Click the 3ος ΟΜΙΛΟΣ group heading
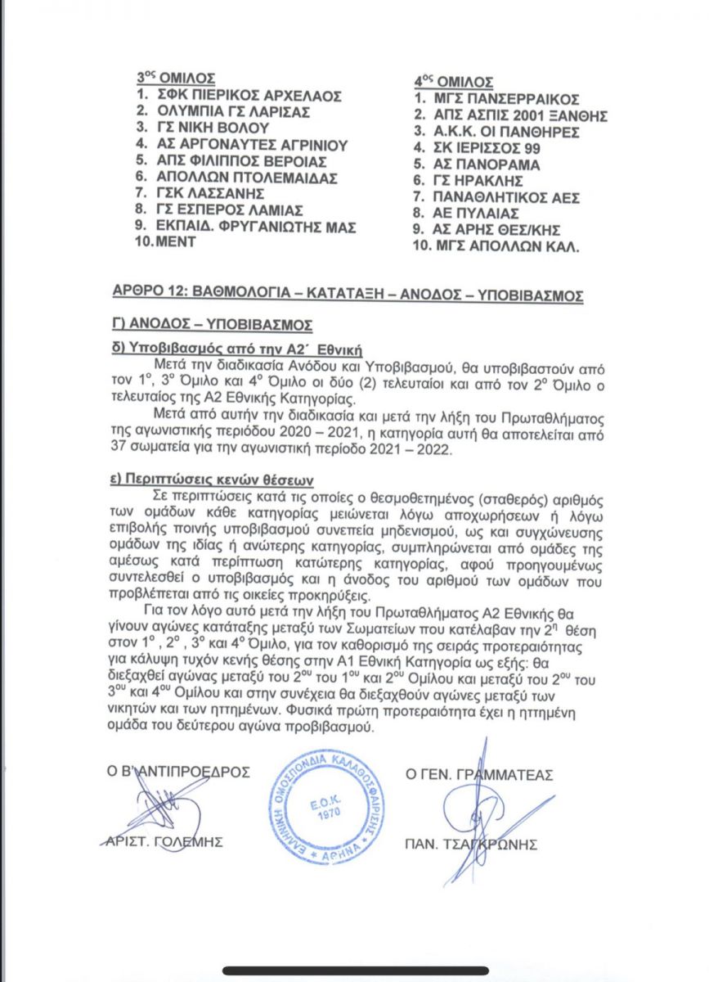point(175,79)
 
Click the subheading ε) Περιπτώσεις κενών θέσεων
point(217,479)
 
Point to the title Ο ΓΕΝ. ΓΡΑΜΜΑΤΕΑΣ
point(479,773)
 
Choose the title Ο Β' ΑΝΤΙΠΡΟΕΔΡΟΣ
point(180,772)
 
